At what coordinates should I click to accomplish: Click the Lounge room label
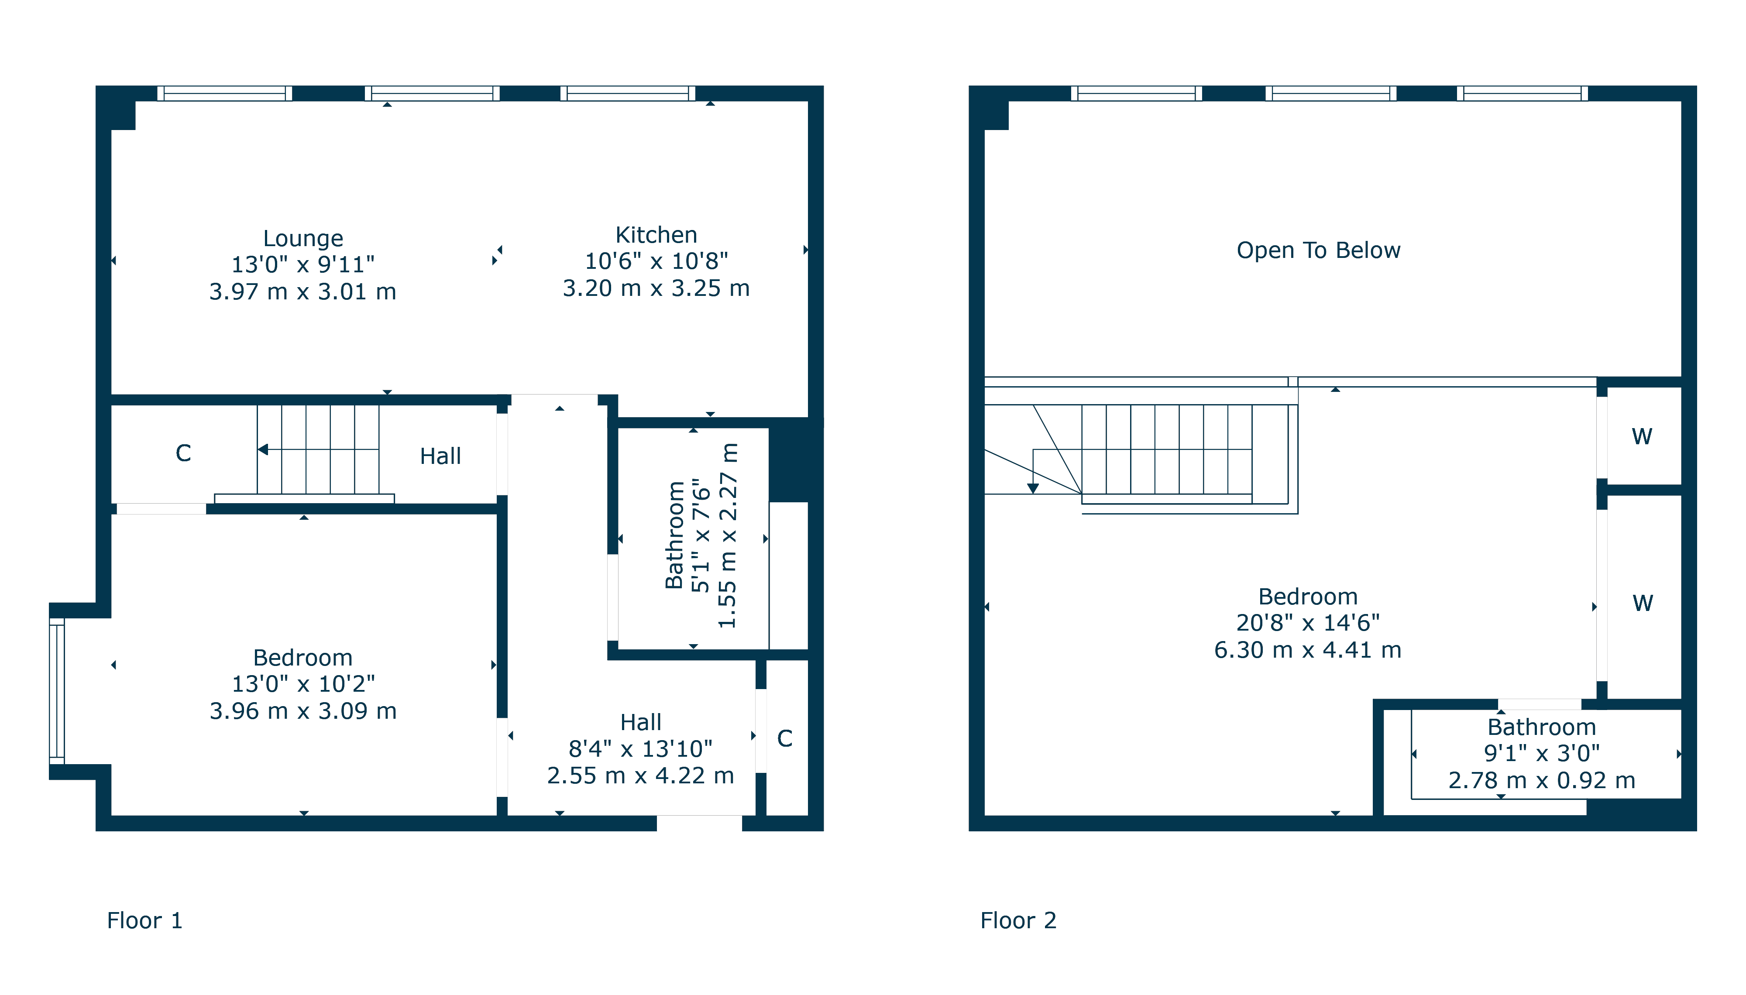(x=303, y=239)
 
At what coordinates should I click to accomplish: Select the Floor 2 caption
(x=1017, y=920)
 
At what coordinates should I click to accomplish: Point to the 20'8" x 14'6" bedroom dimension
(x=1307, y=623)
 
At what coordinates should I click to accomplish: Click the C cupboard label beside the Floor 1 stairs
(x=183, y=453)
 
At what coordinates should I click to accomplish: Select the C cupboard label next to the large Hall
(x=784, y=739)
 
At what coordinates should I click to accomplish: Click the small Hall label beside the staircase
(x=440, y=456)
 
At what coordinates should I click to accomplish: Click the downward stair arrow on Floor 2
(x=1033, y=487)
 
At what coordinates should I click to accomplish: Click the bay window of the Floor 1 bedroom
(x=57, y=690)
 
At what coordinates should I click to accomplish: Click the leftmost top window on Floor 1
(x=224, y=94)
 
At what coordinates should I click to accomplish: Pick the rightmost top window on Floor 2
(x=1521, y=94)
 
